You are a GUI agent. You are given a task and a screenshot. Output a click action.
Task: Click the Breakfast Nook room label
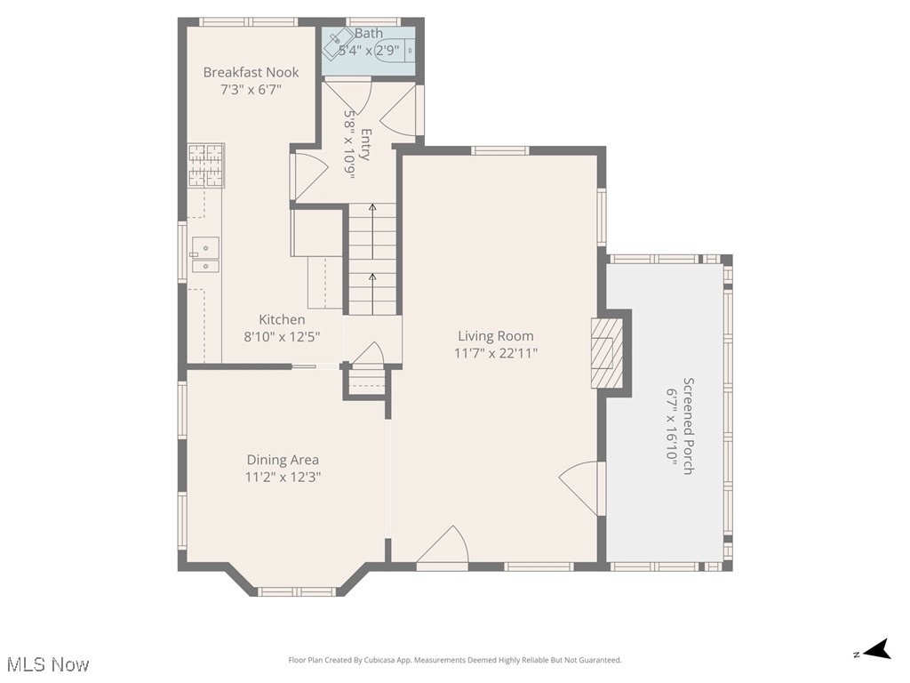(x=251, y=72)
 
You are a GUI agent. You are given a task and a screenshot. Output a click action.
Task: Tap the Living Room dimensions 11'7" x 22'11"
(x=496, y=353)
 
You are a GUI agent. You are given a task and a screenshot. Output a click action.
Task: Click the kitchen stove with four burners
(x=204, y=165)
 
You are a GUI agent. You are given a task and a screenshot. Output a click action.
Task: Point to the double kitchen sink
(x=205, y=254)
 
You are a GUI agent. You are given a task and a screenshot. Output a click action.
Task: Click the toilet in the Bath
(x=393, y=51)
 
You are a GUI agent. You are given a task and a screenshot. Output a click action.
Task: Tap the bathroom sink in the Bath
(x=339, y=42)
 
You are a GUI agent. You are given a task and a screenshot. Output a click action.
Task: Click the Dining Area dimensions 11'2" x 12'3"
(x=283, y=477)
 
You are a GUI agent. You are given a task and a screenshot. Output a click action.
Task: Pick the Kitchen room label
(x=282, y=319)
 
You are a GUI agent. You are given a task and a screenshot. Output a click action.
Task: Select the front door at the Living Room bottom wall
(x=443, y=546)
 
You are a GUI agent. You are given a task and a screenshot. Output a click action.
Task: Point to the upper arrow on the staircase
(x=372, y=211)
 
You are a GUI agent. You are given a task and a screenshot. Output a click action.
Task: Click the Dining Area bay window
(x=296, y=591)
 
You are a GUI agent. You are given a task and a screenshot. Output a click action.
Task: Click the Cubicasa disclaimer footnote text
(x=455, y=660)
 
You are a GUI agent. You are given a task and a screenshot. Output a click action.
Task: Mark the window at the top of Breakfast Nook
(x=248, y=22)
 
